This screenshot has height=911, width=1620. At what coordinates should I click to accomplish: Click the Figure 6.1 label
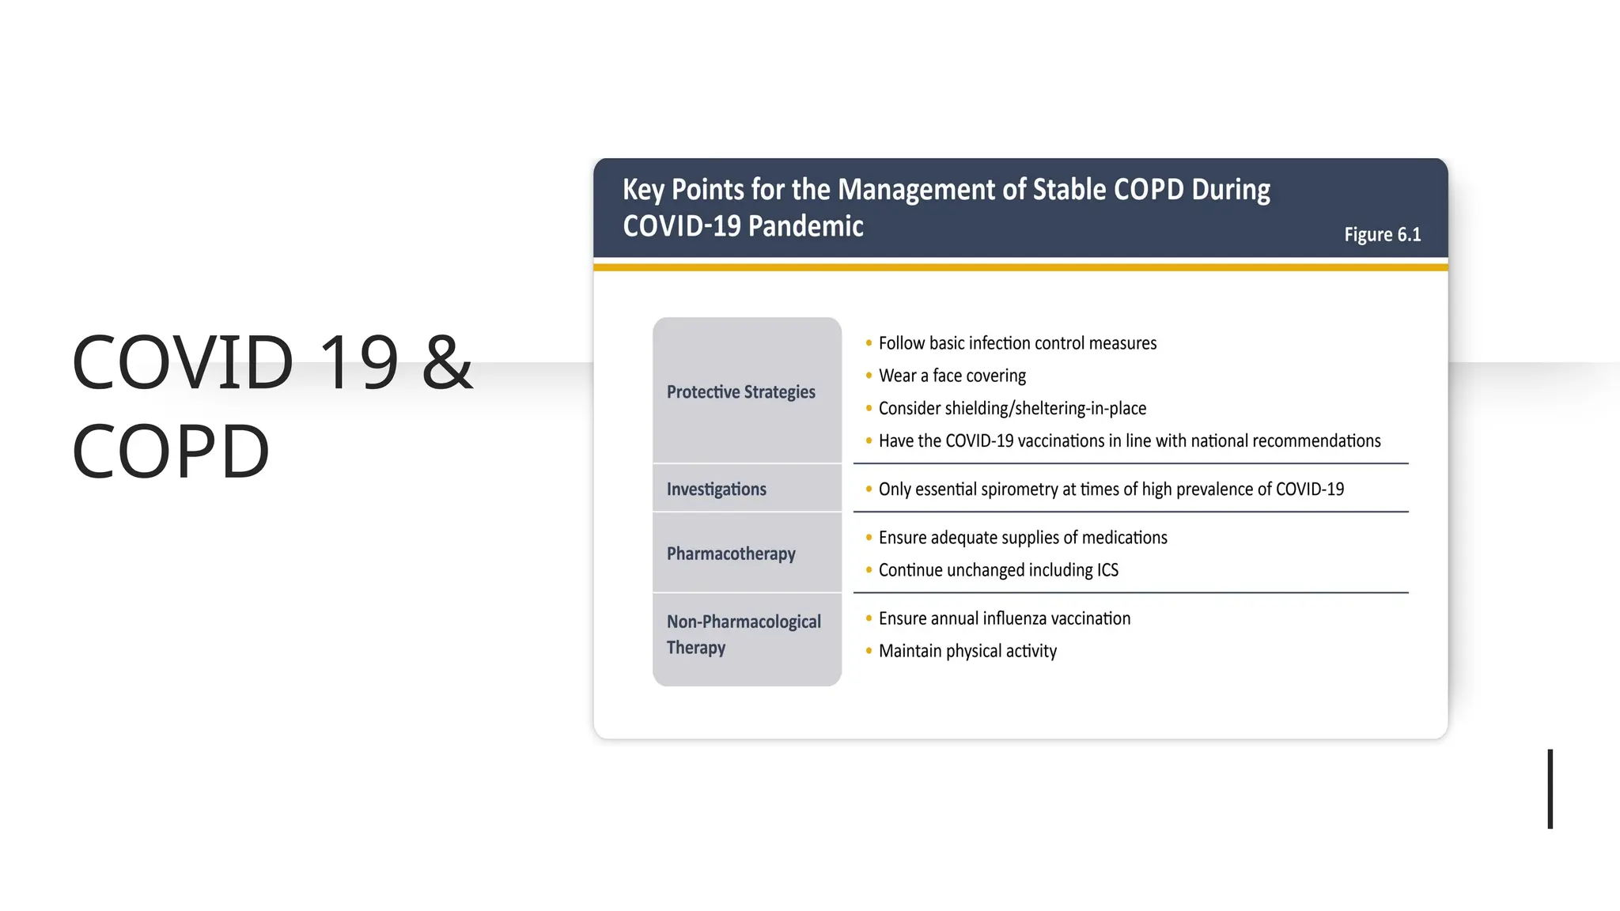click(x=1382, y=235)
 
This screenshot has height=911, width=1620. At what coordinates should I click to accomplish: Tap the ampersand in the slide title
click(x=447, y=362)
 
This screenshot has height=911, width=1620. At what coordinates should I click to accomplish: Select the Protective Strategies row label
click(x=740, y=392)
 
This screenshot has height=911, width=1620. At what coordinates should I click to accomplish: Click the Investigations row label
click(x=716, y=490)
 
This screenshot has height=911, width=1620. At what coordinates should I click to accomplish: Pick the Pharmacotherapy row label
click(x=731, y=554)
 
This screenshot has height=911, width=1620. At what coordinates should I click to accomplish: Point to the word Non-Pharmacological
click(x=744, y=622)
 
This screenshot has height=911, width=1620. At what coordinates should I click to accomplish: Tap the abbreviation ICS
click(x=1107, y=570)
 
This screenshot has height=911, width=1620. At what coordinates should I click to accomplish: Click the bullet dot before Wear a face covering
click(x=869, y=376)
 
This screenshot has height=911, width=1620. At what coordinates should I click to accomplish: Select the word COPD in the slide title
click(x=171, y=452)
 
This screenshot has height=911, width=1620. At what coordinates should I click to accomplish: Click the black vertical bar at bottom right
click(x=1550, y=788)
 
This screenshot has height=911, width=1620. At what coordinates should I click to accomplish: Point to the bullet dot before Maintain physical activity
click(x=869, y=651)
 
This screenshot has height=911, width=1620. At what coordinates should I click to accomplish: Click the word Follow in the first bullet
click(x=901, y=343)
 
